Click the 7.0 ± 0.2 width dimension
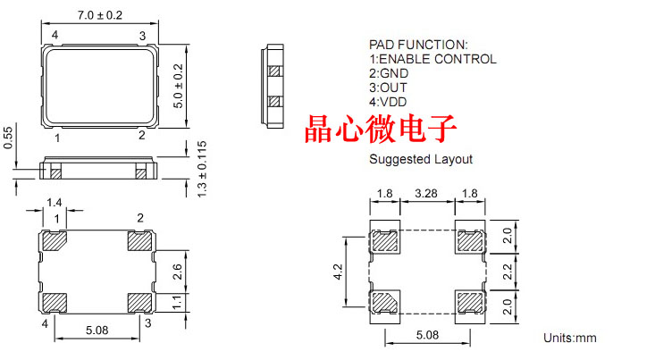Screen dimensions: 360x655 (x=99, y=15)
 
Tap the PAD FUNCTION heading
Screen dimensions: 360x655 (x=417, y=44)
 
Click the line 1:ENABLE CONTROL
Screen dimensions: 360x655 (x=432, y=59)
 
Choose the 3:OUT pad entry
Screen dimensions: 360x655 (x=387, y=88)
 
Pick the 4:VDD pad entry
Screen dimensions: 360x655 (x=387, y=102)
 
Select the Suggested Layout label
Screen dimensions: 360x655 (x=421, y=160)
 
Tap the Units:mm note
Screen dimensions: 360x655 (x=569, y=338)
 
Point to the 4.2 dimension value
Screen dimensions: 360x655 (x=336, y=270)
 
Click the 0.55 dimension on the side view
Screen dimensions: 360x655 (x=8, y=137)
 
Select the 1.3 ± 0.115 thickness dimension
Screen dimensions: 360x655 (x=201, y=168)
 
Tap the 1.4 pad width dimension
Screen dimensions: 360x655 (x=55, y=204)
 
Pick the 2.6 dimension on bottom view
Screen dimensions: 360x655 (x=177, y=271)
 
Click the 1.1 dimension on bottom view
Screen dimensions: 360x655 (x=177, y=304)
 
